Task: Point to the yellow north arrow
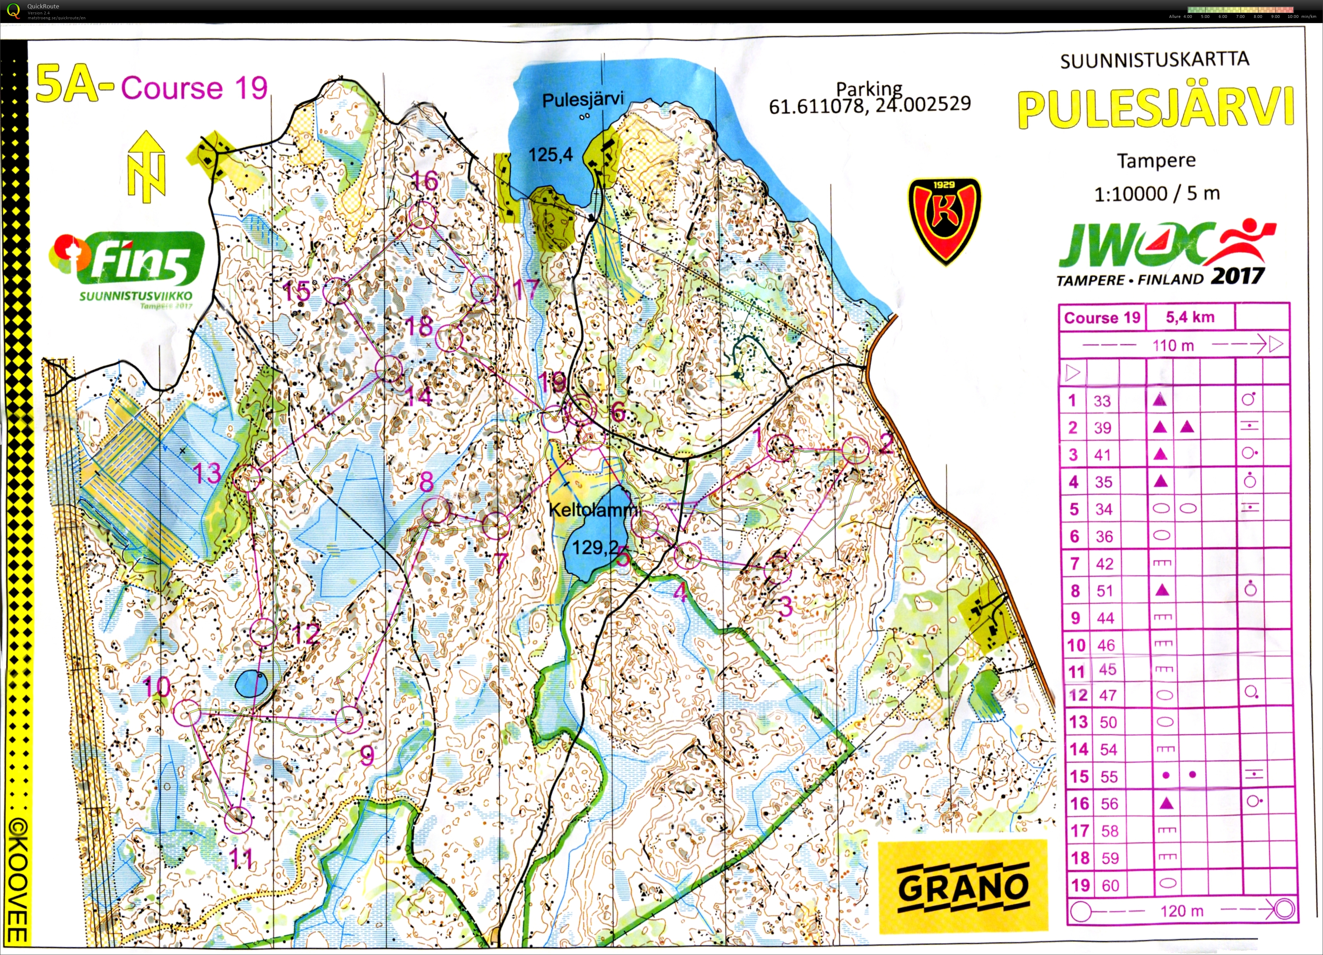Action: tap(146, 166)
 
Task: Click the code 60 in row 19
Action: tap(1110, 885)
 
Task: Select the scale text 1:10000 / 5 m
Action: tap(1156, 194)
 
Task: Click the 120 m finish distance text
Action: tap(1181, 910)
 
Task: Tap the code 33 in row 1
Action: tap(1102, 401)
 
